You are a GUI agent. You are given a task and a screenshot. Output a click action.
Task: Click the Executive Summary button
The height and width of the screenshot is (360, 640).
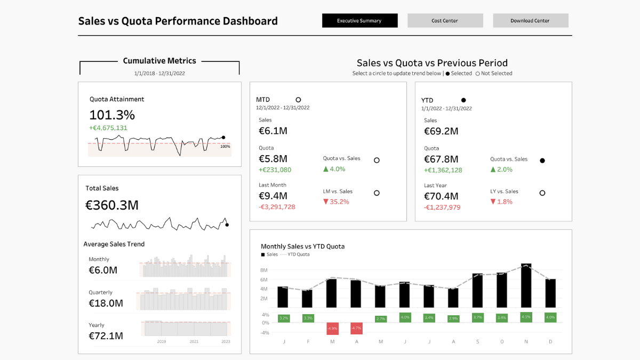pos(359,21)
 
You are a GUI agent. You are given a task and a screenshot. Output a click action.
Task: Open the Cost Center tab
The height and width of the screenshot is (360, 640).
pos(445,21)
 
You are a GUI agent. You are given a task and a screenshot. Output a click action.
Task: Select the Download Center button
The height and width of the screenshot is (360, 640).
pos(530,21)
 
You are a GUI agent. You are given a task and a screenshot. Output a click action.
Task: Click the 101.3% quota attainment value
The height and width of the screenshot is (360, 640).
pos(112,115)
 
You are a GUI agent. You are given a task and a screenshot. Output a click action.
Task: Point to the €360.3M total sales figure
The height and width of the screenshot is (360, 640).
pos(112,205)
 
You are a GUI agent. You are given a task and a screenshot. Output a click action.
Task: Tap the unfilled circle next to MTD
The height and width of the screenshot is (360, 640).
pos(298,100)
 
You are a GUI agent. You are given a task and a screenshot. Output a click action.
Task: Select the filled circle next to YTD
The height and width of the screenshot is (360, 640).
pos(463,100)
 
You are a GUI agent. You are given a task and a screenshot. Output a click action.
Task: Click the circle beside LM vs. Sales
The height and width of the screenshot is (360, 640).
pos(377,193)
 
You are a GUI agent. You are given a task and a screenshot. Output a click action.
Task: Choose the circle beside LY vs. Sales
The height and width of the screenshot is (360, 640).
pos(542,193)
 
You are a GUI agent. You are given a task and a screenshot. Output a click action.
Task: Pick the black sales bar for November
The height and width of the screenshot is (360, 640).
pos(526,285)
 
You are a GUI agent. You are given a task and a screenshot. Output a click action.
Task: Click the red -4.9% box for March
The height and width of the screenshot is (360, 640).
pos(332,327)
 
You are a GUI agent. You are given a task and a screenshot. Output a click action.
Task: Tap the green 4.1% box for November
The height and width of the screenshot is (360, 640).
pos(526,317)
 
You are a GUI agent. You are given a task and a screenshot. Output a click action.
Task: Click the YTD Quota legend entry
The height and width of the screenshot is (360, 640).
pos(298,254)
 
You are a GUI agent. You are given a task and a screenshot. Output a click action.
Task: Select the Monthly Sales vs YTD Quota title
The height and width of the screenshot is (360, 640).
pos(302,246)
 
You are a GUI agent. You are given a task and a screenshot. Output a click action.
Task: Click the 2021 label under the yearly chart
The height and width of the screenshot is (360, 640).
pos(194,341)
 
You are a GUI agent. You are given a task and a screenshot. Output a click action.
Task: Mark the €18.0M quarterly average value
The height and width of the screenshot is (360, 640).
pos(106,303)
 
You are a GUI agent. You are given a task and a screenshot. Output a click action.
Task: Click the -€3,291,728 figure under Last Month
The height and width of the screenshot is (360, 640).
pos(277,207)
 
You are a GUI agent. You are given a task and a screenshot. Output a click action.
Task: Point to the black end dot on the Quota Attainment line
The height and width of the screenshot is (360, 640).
pos(223,137)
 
